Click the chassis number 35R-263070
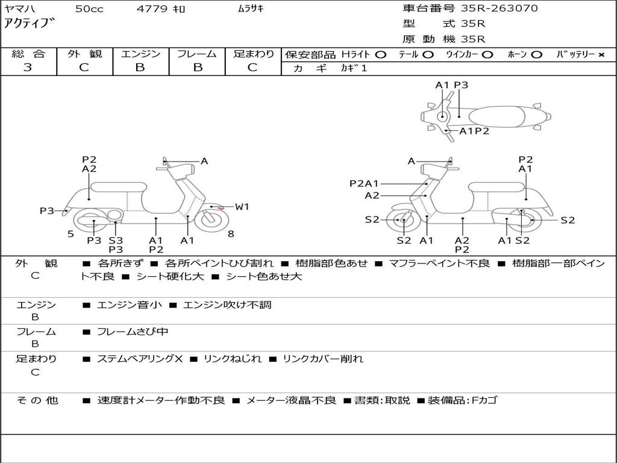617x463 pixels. click(499, 8)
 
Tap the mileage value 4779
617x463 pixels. click(151, 8)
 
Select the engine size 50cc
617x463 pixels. click(89, 8)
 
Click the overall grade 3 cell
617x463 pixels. click(28, 68)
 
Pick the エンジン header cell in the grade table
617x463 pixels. click(140, 54)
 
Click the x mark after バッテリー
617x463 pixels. click(601, 54)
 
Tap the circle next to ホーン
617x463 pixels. click(537, 54)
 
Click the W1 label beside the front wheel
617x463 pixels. click(242, 207)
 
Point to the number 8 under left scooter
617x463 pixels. click(231, 234)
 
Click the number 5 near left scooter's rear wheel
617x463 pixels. click(70, 234)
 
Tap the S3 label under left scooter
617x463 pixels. click(116, 241)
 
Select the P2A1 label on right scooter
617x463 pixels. click(364, 183)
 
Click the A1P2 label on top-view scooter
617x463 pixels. click(474, 131)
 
